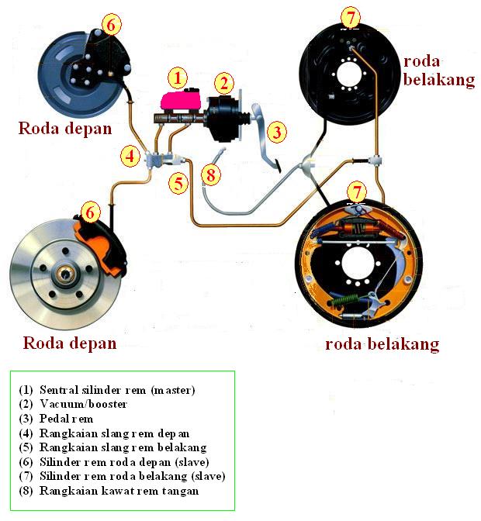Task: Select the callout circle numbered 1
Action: pos(178,77)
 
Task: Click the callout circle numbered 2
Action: pos(223,83)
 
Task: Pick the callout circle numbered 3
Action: pos(276,132)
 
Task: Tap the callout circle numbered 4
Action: pos(131,156)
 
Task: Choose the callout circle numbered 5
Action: pos(178,184)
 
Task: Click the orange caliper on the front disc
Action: pos(101,240)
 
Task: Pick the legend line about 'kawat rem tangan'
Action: pos(109,491)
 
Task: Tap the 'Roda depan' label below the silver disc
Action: pos(70,343)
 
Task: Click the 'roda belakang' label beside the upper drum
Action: pos(438,71)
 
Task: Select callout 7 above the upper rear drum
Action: pos(351,16)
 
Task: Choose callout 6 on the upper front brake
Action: pos(111,25)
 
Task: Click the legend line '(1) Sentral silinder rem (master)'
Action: pos(106,390)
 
